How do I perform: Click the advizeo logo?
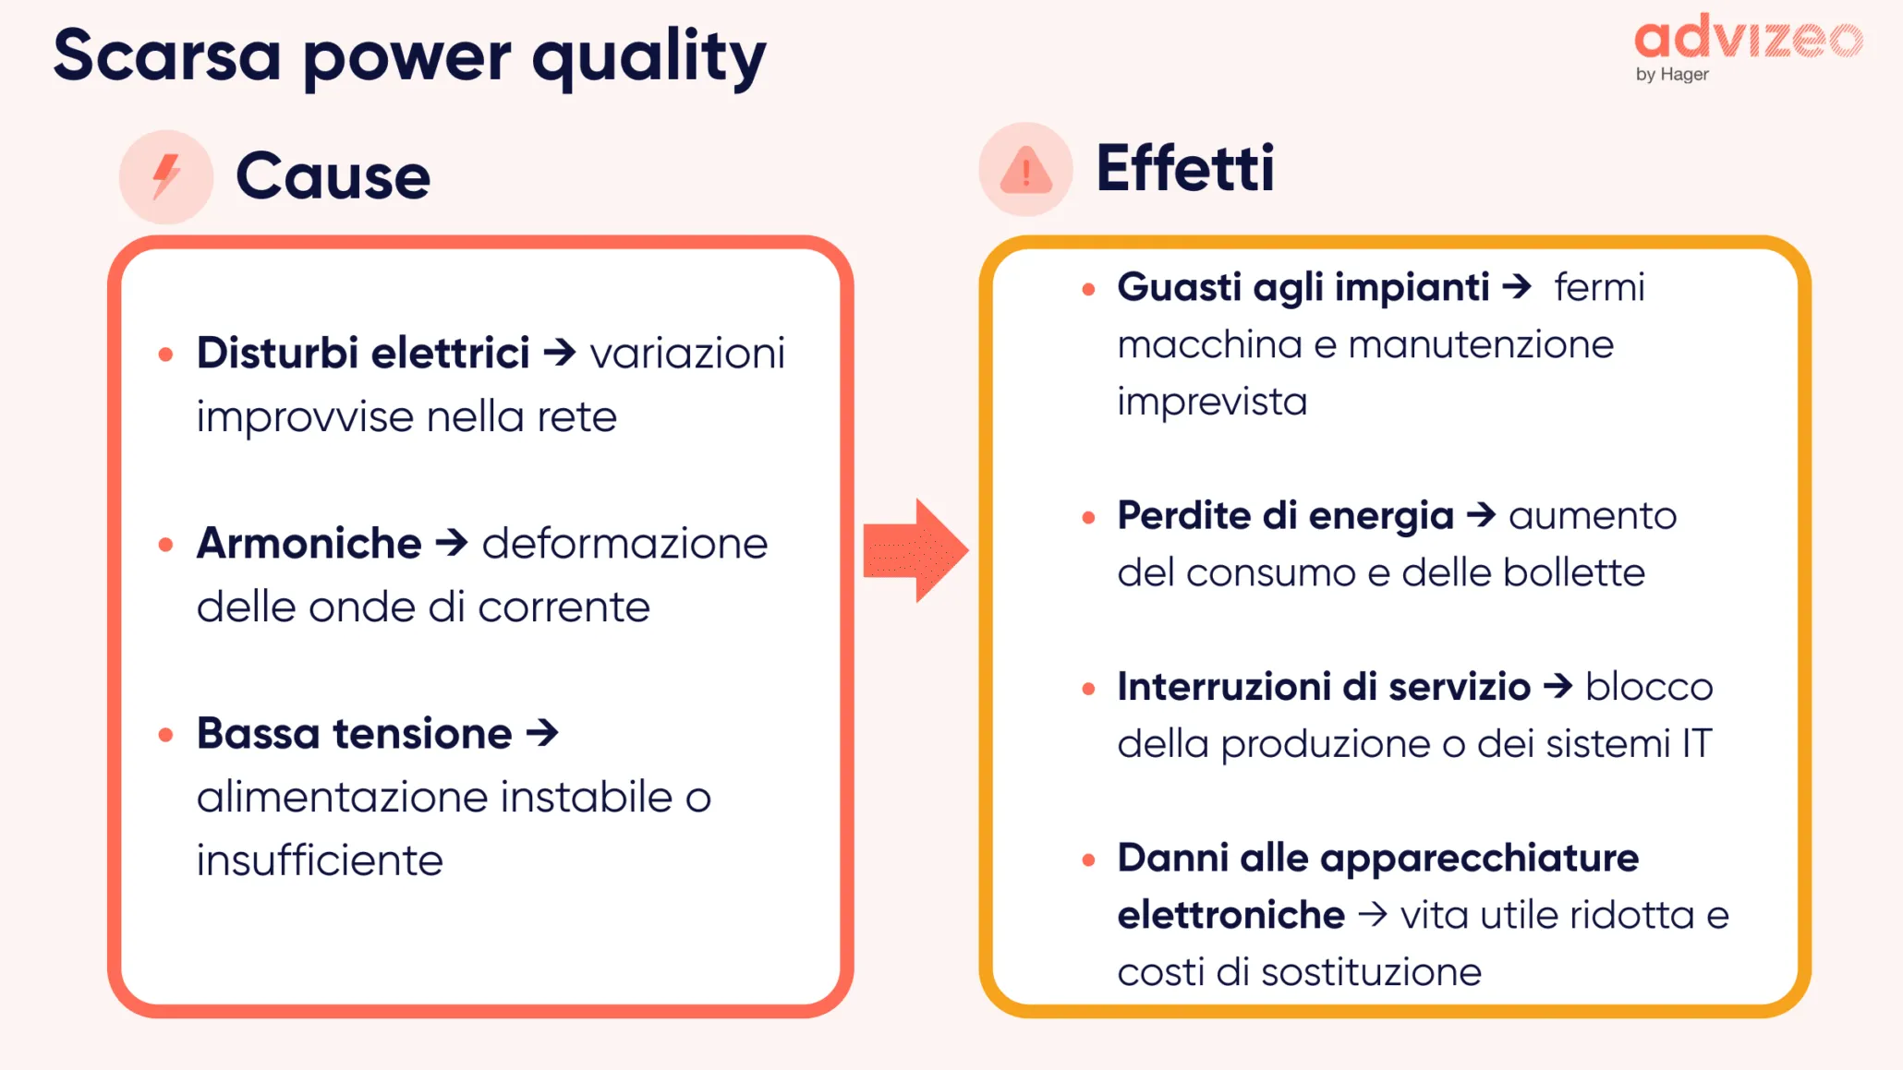click(1748, 39)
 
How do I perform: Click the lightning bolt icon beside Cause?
click(166, 175)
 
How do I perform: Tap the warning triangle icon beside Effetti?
click(1025, 170)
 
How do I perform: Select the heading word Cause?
click(333, 175)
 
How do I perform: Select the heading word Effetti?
click(1184, 169)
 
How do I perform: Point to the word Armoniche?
click(309, 543)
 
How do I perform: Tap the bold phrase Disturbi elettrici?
click(363, 353)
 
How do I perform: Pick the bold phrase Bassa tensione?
click(354, 733)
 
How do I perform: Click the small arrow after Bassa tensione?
click(543, 733)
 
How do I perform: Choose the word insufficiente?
click(320, 860)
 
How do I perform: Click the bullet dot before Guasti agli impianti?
click(1088, 290)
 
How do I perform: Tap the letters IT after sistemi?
click(1696, 744)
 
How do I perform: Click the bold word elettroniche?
click(1230, 915)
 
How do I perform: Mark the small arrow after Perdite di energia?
click(1481, 514)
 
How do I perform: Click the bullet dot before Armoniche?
click(166, 545)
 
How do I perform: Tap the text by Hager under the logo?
click(1672, 74)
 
